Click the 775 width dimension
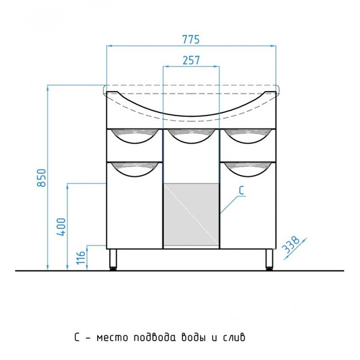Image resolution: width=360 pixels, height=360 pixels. (x=191, y=40)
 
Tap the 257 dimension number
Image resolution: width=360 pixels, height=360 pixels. (x=191, y=61)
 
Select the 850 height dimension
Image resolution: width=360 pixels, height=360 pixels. (x=42, y=177)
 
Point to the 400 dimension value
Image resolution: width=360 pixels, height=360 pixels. (x=61, y=227)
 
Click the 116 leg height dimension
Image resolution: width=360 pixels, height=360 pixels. (x=81, y=258)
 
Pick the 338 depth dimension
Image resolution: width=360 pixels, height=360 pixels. (x=291, y=244)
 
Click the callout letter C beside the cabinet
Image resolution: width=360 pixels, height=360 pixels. (x=241, y=191)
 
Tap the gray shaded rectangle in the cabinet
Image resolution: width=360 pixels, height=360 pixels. (x=191, y=215)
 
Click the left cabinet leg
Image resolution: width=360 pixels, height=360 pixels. (x=113, y=259)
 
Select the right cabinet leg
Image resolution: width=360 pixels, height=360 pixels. (x=269, y=259)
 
